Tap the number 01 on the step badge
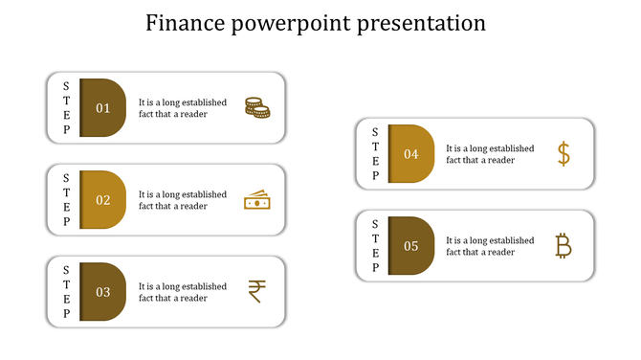[102, 108]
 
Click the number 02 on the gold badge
[102, 200]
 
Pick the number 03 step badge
[102, 292]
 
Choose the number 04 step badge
[410, 154]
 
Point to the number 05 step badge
[410, 246]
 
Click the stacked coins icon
[256, 107]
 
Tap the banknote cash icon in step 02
[256, 200]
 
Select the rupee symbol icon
[256, 291]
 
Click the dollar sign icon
[564, 153]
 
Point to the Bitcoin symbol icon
[564, 246]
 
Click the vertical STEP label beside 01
[66, 108]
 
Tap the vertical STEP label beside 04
[375, 154]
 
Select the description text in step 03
[182, 292]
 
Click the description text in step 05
[490, 246]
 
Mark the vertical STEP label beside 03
[66, 292]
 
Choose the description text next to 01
[182, 108]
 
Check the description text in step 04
[490, 154]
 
